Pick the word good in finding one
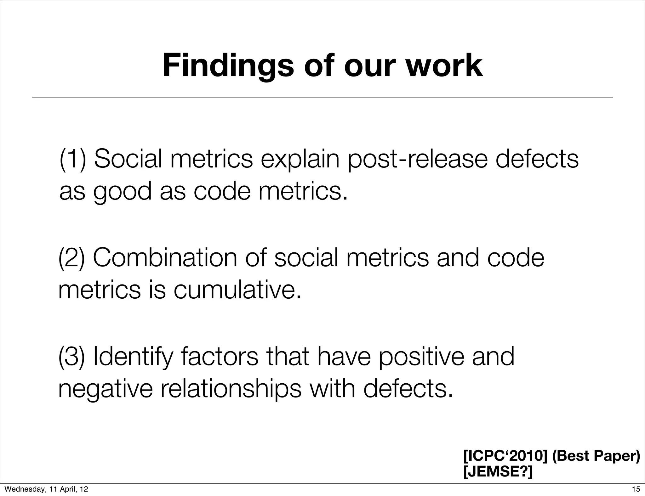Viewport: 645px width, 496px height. tap(122, 192)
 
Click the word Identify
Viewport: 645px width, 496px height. tap(133, 358)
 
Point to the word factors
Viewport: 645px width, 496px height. tap(220, 357)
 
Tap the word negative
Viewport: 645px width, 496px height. tap(106, 390)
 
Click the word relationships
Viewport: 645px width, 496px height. tap(231, 390)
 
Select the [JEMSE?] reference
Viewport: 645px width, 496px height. tap(498, 471)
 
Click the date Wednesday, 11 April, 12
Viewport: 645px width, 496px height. tap(46, 489)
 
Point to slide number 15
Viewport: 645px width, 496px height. tap(636, 489)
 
